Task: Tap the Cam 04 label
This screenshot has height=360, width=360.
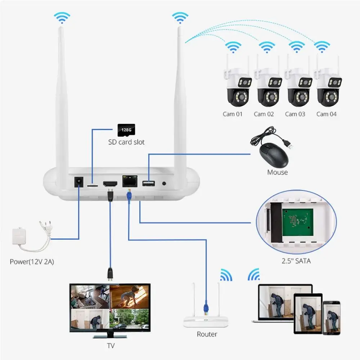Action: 327,114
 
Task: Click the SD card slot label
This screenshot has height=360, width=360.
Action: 126,142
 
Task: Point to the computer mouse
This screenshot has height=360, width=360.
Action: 273,155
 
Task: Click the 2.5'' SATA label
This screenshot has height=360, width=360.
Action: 296,261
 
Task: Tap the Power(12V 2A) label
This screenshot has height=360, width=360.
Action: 32,262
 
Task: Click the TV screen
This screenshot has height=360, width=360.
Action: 109,307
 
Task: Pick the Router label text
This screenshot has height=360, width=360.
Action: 207,334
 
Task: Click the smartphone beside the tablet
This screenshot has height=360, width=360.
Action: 332,318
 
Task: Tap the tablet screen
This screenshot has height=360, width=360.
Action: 308,313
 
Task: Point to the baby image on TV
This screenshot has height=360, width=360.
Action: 129,296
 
